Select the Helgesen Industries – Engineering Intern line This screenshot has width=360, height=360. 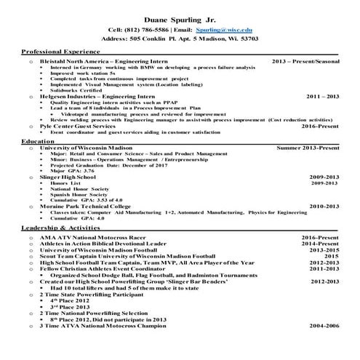tap(89, 96)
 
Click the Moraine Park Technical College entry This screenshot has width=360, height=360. tap(86, 206)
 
